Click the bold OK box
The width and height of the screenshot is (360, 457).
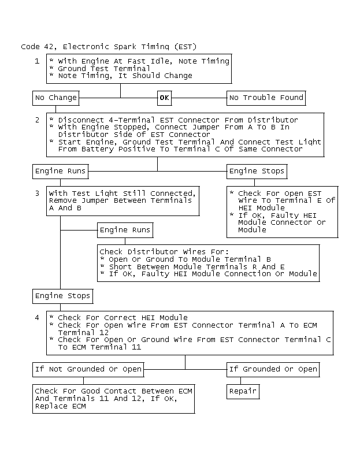coord(165,98)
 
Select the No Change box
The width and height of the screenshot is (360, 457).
coord(55,98)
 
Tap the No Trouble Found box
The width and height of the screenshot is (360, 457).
coord(266,98)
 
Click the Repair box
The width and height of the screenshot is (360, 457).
coord(243,391)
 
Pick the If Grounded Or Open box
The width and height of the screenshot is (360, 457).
coord(273,370)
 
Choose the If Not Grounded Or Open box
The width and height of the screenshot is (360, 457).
coord(88,370)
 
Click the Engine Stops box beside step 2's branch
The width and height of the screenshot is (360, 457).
coord(257,172)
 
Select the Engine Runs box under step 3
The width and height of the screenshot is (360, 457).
coord(125,231)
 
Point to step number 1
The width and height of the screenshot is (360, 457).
coord(37,61)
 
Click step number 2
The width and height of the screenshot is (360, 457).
coord(37,120)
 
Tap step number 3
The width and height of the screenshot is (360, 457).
coord(37,193)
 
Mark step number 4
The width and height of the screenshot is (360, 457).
coord(37,317)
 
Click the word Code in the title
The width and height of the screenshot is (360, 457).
coord(30,47)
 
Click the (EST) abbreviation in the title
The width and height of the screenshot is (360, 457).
coord(185,47)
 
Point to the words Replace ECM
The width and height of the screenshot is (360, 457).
coord(60,406)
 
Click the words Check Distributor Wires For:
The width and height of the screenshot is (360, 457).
coord(164,251)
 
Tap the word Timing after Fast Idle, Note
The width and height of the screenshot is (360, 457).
coord(216,61)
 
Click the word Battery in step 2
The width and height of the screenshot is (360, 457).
coord(97,149)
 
